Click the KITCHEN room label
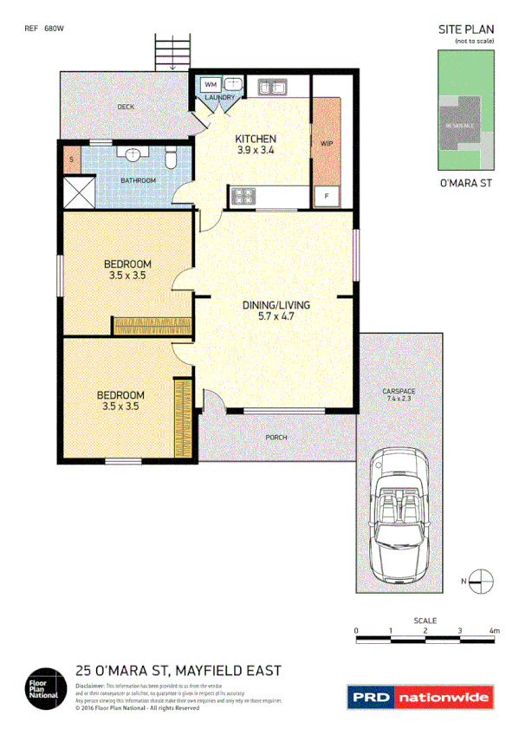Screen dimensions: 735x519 pyautogui.click(x=256, y=139)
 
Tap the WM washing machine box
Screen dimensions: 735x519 pyautogui.click(x=211, y=85)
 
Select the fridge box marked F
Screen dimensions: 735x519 pyautogui.click(x=326, y=196)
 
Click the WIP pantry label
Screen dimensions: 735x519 pyautogui.click(x=327, y=142)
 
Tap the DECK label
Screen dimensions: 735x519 pyautogui.click(x=127, y=107)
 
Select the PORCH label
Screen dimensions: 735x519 pyautogui.click(x=276, y=437)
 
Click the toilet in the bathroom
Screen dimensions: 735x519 pyautogui.click(x=171, y=159)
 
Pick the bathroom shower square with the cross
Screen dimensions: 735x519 pyautogui.click(x=78, y=191)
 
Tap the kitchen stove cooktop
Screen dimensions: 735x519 pyautogui.click(x=240, y=197)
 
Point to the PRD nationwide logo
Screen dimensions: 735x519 pyautogui.click(x=420, y=696)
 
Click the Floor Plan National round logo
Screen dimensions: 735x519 pyautogui.click(x=43, y=685)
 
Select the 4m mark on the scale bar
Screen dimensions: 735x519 pyautogui.click(x=495, y=631)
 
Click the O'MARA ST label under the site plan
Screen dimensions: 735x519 pyautogui.click(x=466, y=183)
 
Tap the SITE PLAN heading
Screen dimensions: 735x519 pyautogui.click(x=466, y=29)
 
